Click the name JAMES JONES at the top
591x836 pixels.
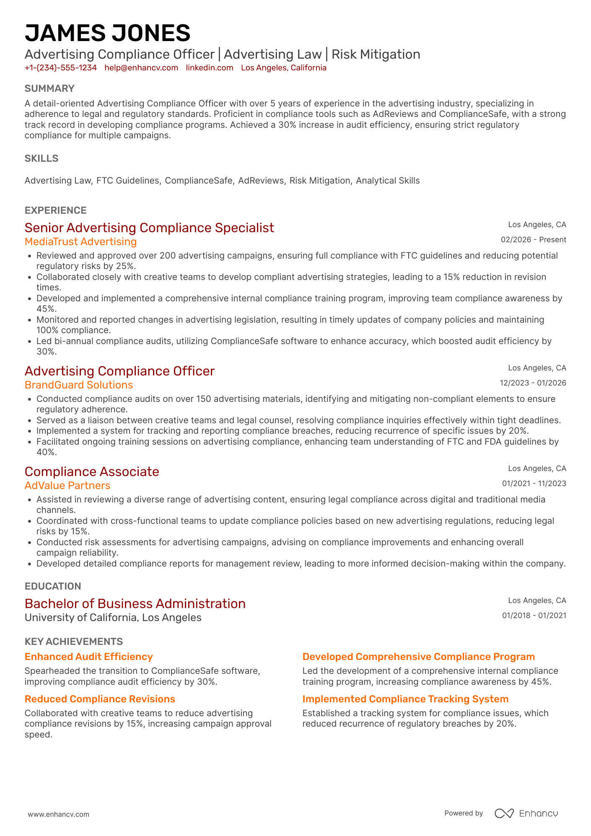point(107,33)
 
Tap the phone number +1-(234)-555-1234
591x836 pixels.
point(60,68)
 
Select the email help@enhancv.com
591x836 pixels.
point(141,68)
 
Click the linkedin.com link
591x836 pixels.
point(210,68)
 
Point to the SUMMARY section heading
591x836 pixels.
point(49,88)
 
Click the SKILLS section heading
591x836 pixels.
point(41,158)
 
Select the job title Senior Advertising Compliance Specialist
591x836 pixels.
point(149,228)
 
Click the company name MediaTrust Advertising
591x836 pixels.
point(80,242)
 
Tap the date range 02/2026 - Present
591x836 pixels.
point(533,240)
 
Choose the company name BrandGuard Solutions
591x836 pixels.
point(79,385)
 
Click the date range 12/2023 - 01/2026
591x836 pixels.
point(533,383)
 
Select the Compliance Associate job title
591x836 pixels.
point(92,472)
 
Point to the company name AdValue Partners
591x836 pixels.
point(67,486)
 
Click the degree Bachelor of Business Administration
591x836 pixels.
point(135,604)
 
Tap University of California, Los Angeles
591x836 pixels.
point(113,618)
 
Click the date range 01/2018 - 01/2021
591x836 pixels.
point(534,616)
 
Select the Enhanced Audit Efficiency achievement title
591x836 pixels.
point(88,657)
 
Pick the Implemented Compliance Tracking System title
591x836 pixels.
point(405,699)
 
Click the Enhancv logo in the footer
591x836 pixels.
point(526,813)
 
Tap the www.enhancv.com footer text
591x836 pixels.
point(59,815)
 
